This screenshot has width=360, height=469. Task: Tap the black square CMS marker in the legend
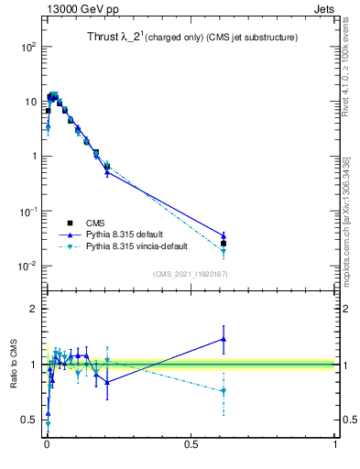point(70,223)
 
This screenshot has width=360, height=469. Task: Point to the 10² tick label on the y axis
point(27,46)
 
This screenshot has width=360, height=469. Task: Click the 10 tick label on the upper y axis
point(29,101)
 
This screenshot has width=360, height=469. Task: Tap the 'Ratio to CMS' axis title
point(14,365)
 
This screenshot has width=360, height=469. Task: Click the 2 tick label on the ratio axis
point(33,309)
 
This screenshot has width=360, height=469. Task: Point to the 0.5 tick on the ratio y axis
point(29,420)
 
